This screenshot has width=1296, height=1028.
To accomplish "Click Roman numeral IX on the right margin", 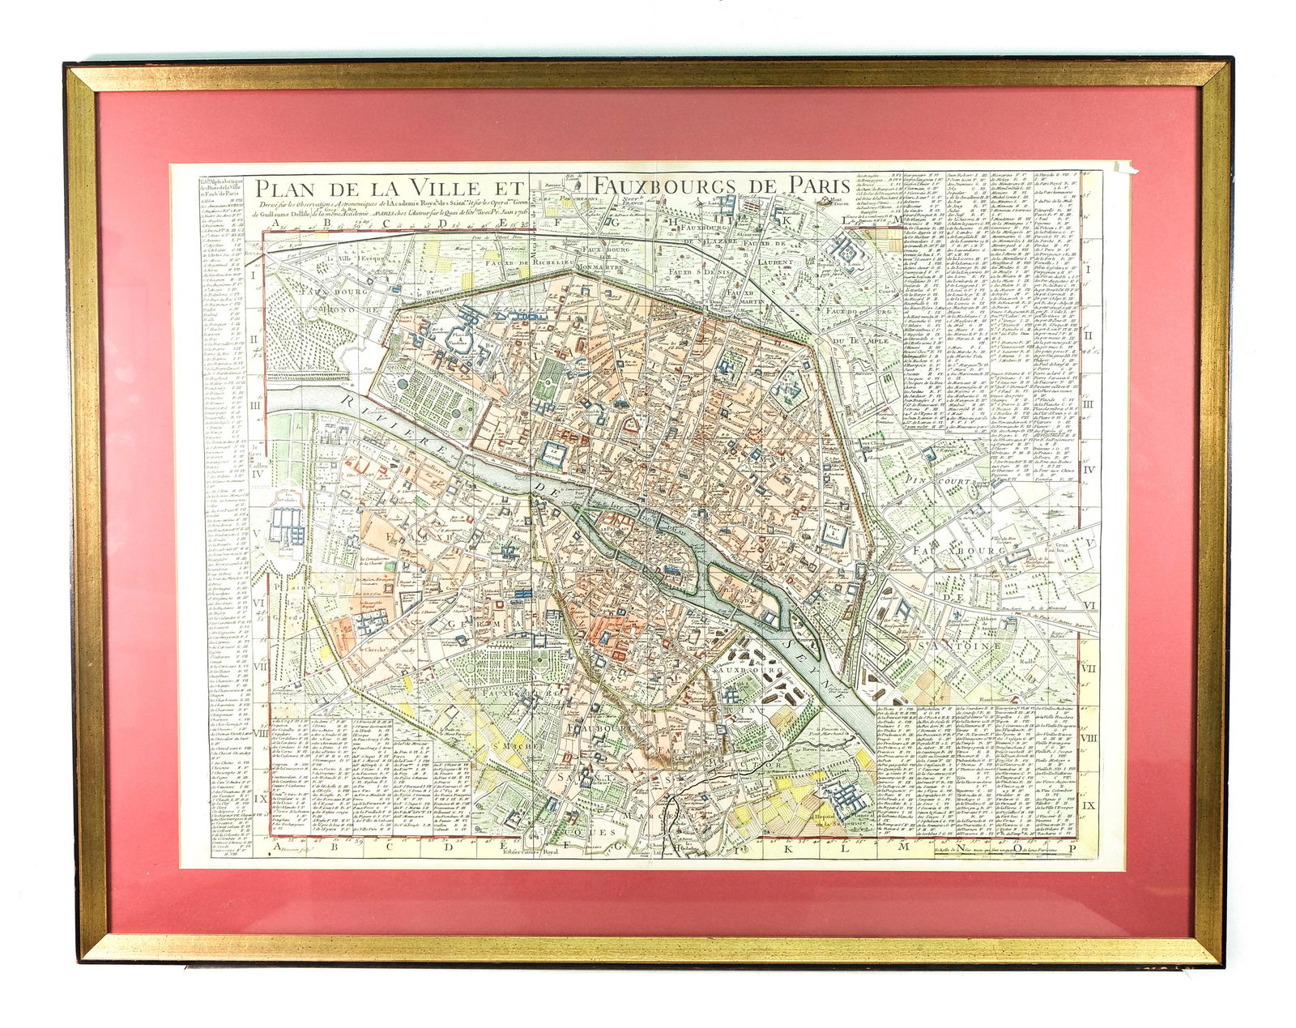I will tap(1088, 805).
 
